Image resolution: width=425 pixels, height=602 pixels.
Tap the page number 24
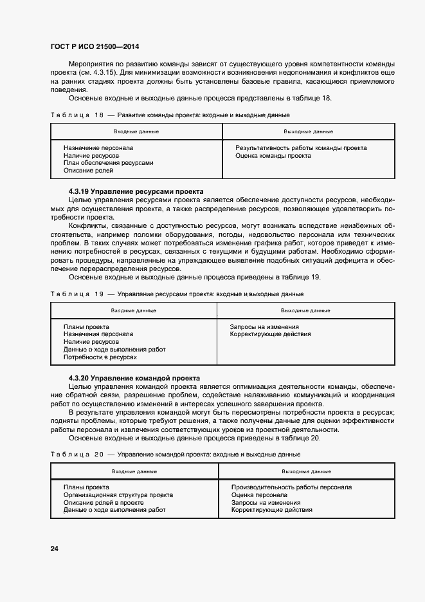pos(55,549)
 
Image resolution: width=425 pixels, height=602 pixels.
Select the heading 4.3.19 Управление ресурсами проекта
pos(136,191)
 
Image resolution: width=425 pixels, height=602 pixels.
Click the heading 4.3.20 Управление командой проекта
pos(134,377)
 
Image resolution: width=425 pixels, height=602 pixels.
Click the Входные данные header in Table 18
pos(136,131)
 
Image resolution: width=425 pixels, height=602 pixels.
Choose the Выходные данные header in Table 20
pos(307,472)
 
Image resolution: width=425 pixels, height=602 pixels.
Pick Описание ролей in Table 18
pos(88,171)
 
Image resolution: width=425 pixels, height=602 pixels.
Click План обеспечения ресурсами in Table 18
pos(108,163)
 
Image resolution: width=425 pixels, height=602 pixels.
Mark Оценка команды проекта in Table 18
pos(273,156)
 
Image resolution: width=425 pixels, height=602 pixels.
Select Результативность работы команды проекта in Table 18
pos(301,148)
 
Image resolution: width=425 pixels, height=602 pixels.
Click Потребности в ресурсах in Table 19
pos(100,357)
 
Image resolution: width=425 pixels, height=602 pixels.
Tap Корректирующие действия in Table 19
pos(270,334)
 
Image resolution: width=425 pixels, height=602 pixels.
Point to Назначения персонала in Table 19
pos(98,334)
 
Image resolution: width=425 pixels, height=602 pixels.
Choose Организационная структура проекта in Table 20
pos(118,495)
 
